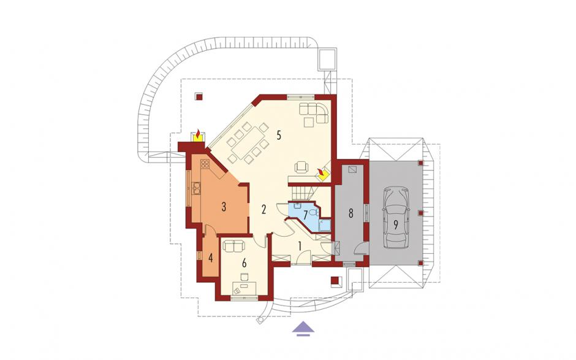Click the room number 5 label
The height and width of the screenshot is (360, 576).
click(279, 136)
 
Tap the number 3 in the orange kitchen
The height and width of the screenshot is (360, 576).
click(223, 207)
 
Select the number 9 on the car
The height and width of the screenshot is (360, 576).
click(396, 224)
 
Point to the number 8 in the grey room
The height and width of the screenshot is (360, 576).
click(351, 213)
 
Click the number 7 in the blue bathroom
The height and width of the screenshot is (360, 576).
click(305, 215)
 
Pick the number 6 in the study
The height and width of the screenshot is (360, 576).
click(244, 263)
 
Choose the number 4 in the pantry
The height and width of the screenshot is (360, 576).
click(211, 258)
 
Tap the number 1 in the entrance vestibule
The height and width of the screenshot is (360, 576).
click(300, 246)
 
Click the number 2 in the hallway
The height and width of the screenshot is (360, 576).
click(263, 210)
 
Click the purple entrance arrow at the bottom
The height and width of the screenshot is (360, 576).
click(303, 327)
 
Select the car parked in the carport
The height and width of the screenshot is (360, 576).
click(396, 216)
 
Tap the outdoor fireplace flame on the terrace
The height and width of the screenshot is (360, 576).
click(198, 134)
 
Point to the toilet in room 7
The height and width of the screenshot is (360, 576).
click(313, 212)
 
